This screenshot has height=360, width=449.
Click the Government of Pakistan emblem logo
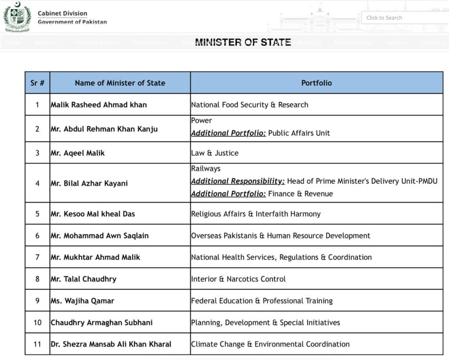pos(17,17)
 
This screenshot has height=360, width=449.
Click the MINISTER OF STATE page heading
pos(243,42)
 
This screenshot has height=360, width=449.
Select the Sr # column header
pos(37,83)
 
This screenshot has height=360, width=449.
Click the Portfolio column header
pos(316,83)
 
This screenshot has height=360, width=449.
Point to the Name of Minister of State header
pos(120,83)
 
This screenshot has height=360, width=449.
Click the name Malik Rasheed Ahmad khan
pos(99,105)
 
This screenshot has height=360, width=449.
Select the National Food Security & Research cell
pos(250,105)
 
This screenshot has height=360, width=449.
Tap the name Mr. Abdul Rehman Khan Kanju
pos(104,129)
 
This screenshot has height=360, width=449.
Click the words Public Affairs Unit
pos(299,133)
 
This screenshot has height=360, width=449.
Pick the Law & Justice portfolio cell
pos(215,153)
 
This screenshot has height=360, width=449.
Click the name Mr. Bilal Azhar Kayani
pos(89,183)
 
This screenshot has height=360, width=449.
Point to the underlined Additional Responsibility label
pos(238,181)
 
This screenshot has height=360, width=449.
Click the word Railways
pos(206,168)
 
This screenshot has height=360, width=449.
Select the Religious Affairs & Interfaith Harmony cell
pos(256,214)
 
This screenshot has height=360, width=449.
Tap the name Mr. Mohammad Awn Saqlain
pos(100,235)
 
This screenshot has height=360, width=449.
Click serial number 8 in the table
pos(37,279)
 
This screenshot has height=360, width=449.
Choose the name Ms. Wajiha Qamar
pos(83,301)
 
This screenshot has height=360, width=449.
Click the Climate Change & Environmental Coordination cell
pos(270,344)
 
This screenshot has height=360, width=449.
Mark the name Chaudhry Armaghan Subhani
pos(102,322)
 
